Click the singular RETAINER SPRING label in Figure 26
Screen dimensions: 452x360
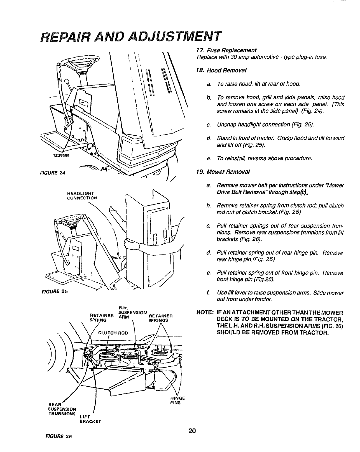98,318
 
